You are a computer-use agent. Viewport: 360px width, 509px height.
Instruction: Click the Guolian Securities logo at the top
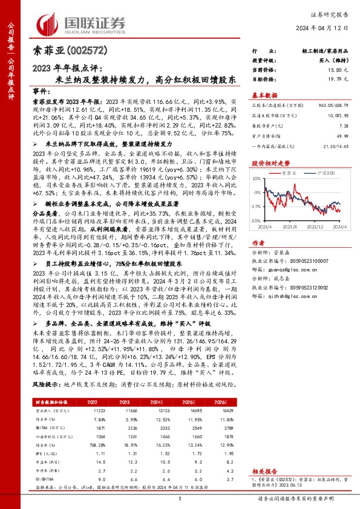pyautogui.click(x=82, y=23)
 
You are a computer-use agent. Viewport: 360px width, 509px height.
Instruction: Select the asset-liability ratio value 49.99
pyautogui.click(x=343, y=136)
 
